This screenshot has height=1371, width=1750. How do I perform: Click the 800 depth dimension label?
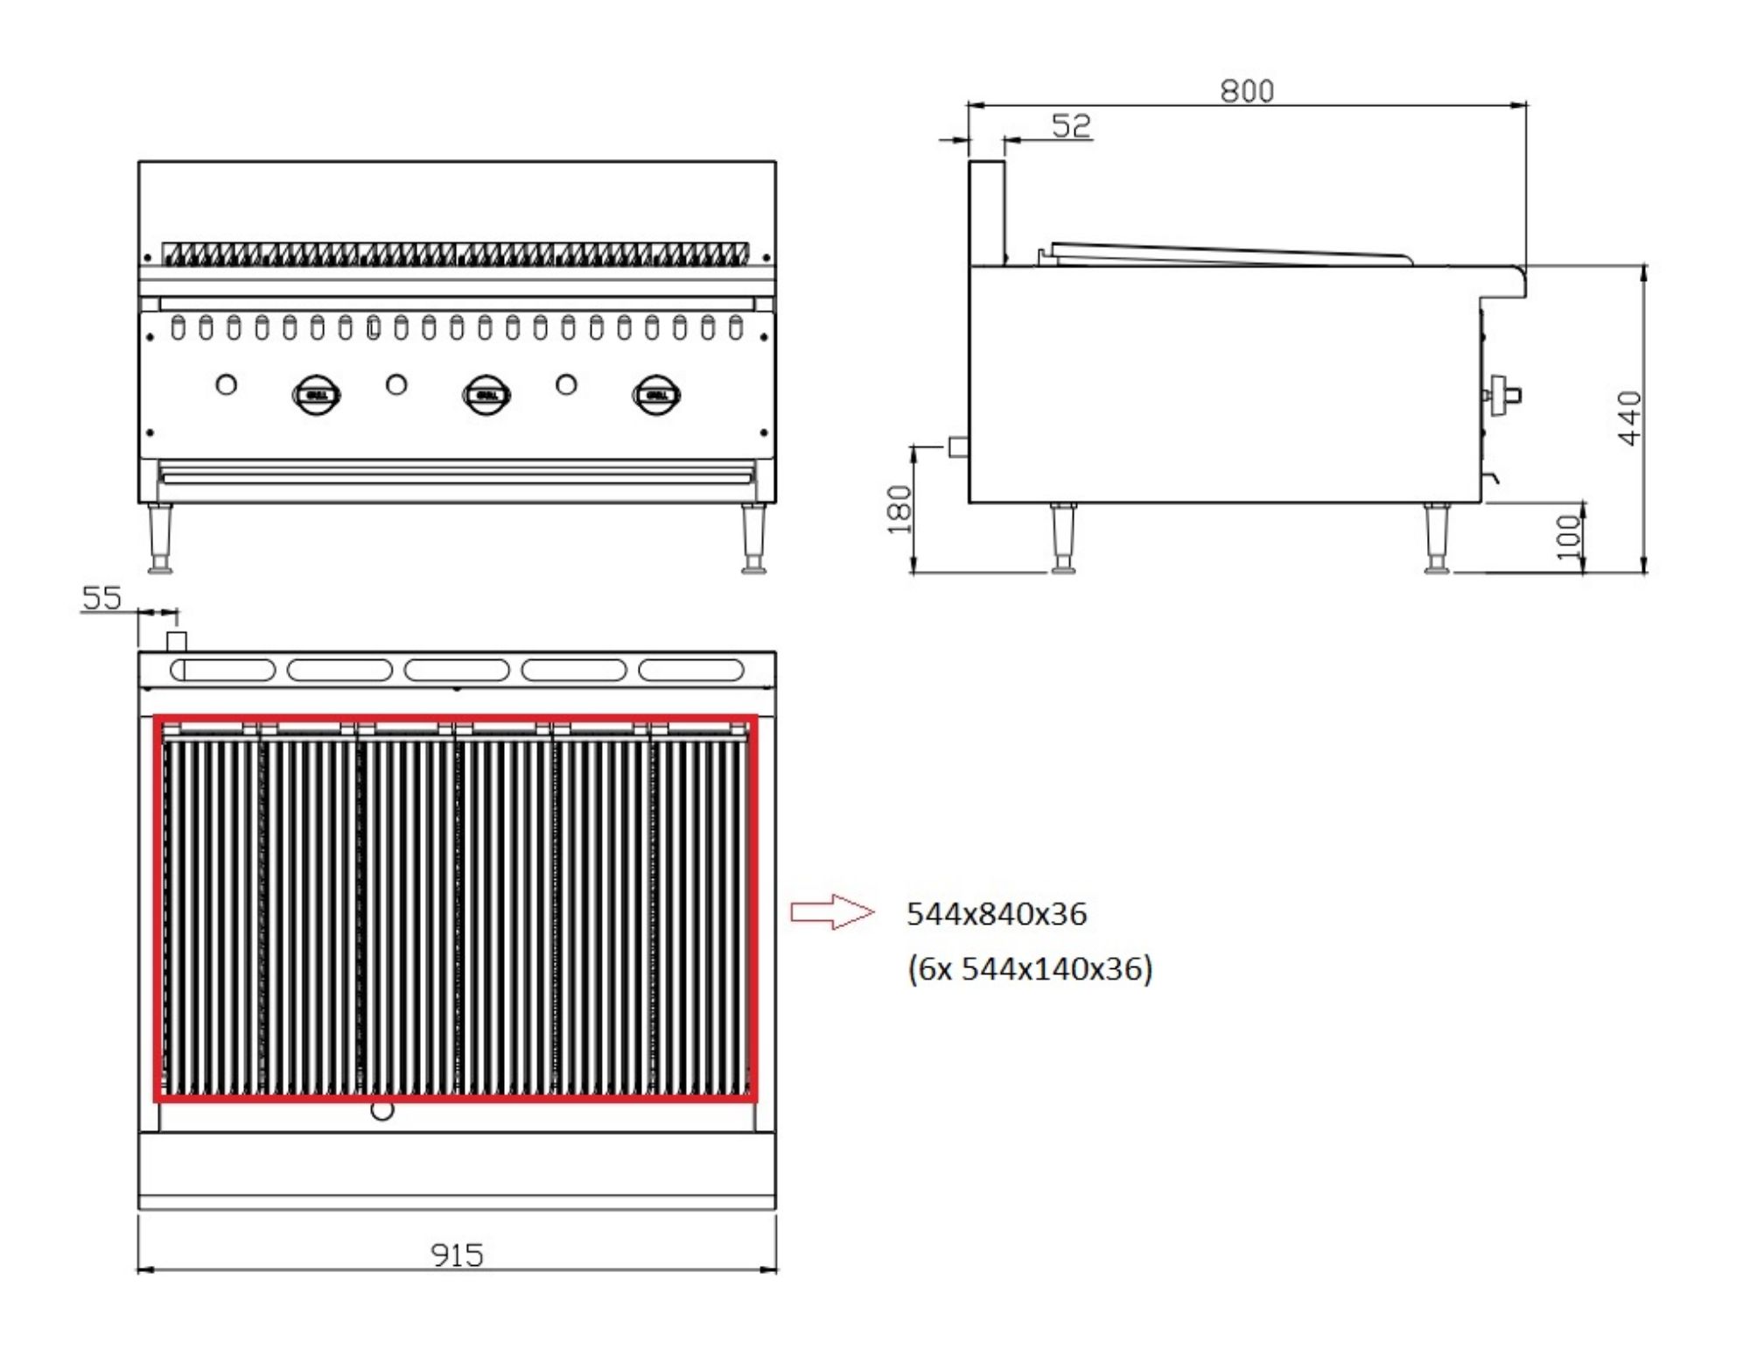(x=1247, y=91)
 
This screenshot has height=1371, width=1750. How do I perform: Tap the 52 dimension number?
(x=1071, y=126)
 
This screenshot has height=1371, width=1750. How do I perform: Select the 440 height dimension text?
(x=1630, y=418)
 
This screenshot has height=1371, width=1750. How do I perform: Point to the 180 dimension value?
(x=899, y=510)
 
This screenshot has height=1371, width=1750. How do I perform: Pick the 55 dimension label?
(x=101, y=598)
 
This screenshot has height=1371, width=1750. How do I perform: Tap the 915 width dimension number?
(x=457, y=1255)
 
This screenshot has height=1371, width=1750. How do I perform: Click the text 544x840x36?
(x=996, y=914)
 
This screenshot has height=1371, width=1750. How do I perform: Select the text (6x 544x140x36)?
(x=1030, y=969)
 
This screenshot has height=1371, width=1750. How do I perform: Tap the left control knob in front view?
(x=316, y=395)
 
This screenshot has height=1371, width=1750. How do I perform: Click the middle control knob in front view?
(x=486, y=395)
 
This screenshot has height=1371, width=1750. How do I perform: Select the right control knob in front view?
(x=656, y=395)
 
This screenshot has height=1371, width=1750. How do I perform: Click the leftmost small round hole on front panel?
(x=226, y=383)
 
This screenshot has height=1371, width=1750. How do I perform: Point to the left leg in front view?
(x=160, y=538)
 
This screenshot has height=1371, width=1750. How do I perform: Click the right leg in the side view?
(x=1435, y=538)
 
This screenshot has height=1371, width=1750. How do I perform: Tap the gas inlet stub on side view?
(x=958, y=446)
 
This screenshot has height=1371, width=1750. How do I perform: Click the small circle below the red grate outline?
(x=382, y=1110)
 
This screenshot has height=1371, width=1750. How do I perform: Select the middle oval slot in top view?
(x=457, y=671)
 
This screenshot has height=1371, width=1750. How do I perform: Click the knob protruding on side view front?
(x=1503, y=395)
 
